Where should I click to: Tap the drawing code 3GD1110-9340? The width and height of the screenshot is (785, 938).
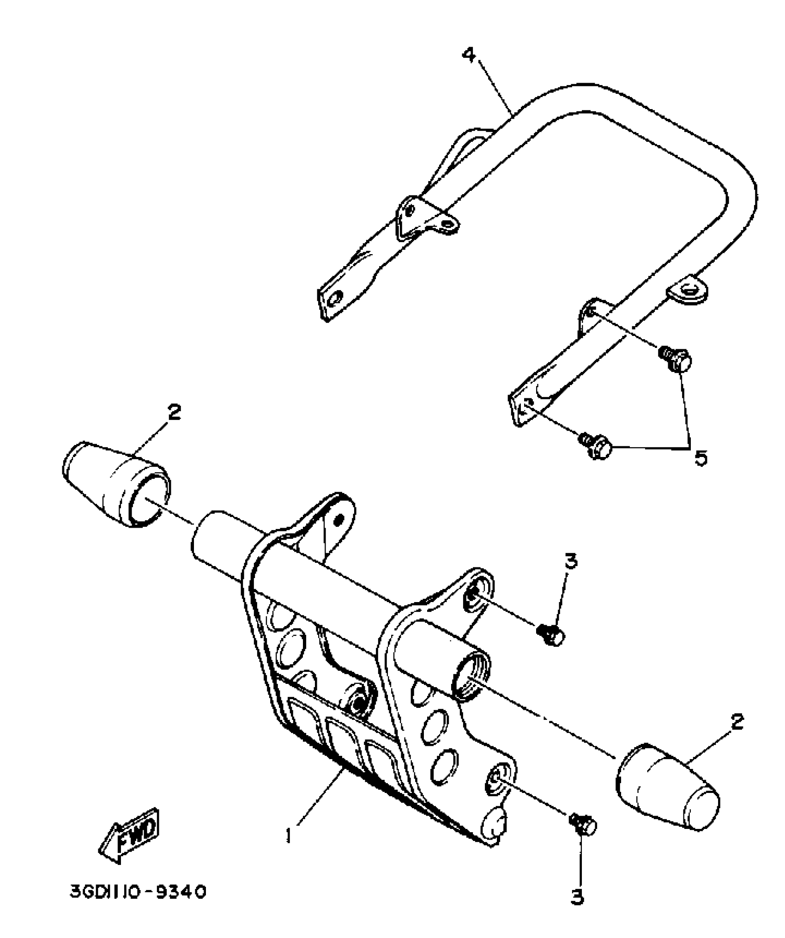point(138,892)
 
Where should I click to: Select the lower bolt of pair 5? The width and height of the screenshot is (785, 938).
point(598,446)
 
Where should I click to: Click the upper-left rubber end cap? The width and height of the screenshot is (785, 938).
point(116,484)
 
